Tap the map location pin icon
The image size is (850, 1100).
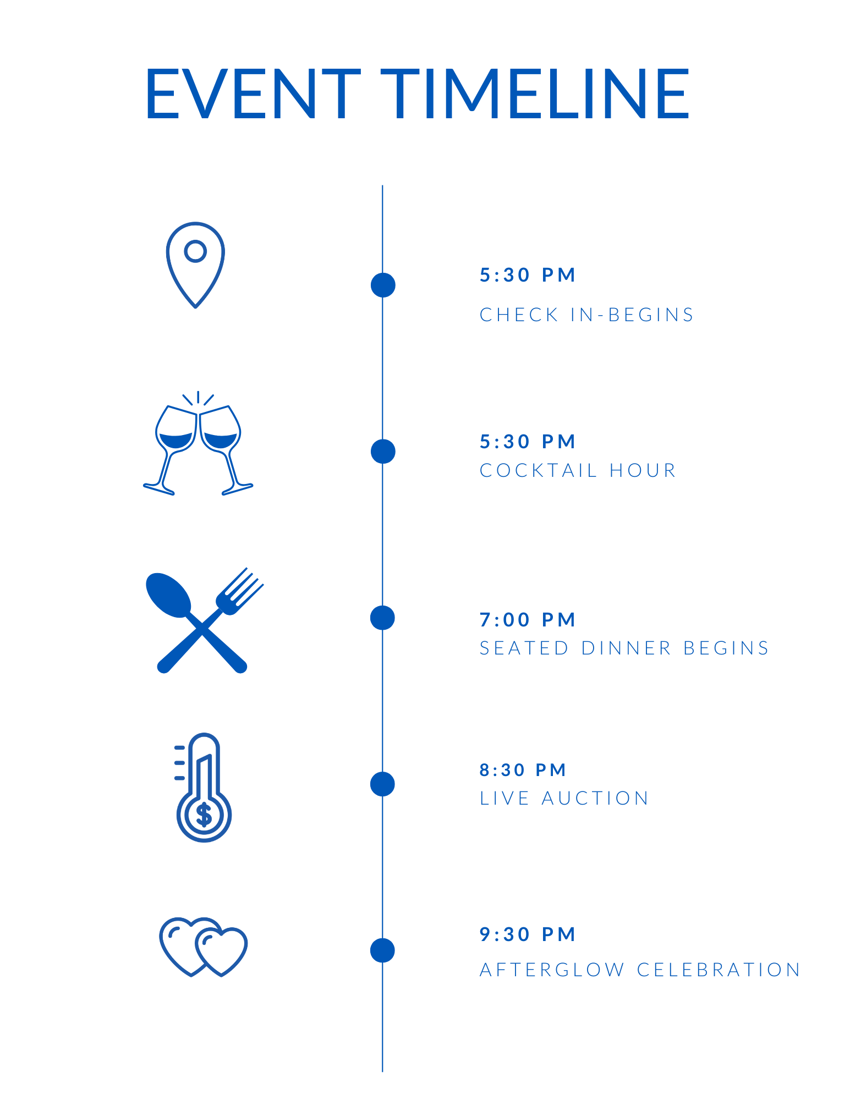click(195, 265)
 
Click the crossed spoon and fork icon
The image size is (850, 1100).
click(204, 621)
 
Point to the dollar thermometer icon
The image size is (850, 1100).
click(202, 788)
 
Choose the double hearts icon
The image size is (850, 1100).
click(204, 947)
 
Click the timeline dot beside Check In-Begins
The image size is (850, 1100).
click(383, 285)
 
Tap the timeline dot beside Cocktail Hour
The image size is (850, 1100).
click(383, 452)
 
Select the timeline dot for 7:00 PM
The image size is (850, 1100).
click(382, 618)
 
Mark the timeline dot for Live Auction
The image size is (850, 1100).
click(382, 784)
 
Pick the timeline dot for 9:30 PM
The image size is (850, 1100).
click(382, 950)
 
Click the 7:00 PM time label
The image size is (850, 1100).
click(527, 620)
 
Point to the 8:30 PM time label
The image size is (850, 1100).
click(523, 770)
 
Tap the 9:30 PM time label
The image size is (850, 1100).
click(527, 934)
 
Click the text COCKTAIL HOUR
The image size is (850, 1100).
click(578, 471)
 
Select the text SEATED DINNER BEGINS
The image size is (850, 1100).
click(624, 648)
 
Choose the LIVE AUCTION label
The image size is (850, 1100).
click(564, 799)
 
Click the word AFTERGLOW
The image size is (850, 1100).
click(552, 970)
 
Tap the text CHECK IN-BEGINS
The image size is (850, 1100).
click(586, 315)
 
